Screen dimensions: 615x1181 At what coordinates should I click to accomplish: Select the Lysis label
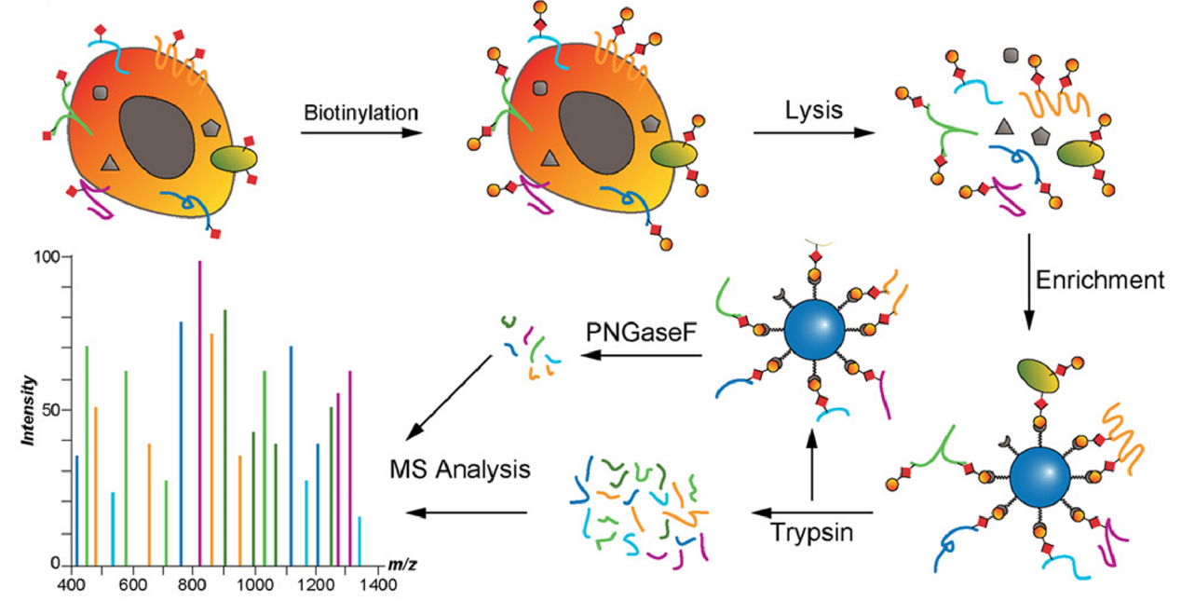813,111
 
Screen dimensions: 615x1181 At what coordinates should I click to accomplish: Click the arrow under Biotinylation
356,133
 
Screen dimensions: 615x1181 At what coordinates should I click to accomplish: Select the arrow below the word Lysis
813,133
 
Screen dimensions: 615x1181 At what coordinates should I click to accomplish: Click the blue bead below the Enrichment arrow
1039,479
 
